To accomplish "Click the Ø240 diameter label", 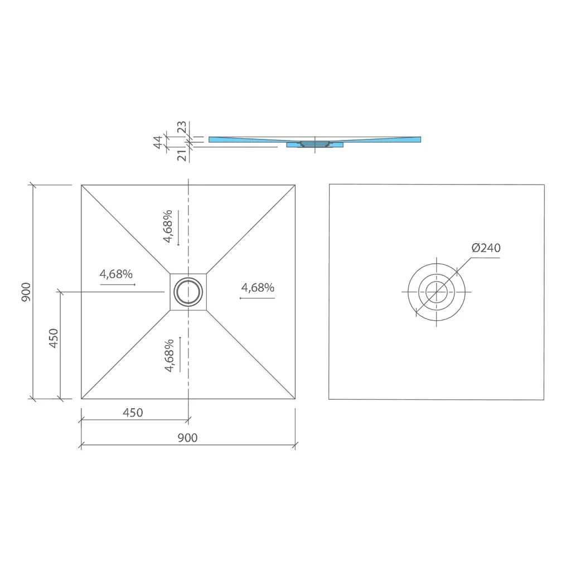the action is tap(486, 248).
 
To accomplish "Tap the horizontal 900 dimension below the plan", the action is tap(187, 438).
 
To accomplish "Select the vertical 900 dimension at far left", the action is tap(26, 292).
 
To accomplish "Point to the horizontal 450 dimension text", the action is tap(133, 413).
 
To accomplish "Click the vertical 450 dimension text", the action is tap(54, 338).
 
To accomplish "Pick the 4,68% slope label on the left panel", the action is tap(116, 274).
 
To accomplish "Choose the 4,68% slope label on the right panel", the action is tap(258, 288).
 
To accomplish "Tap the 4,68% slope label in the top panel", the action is tap(167, 226).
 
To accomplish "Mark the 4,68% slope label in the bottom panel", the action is tap(170, 355).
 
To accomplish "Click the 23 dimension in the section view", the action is tap(182, 127).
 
